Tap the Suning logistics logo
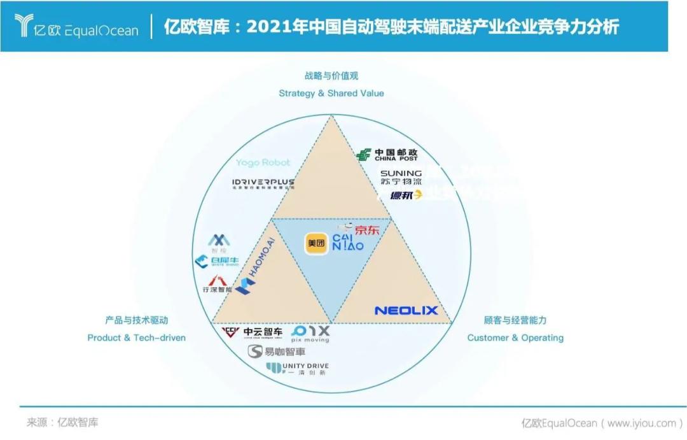[401, 177]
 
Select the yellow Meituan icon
[316, 243]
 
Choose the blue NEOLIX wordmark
[406, 311]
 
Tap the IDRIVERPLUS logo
[263, 183]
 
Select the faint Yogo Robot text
[263, 163]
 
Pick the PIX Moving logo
[310, 334]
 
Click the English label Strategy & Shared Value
[331, 93]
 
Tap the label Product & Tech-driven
[137, 337]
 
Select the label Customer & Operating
[515, 337]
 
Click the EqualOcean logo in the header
[76, 27]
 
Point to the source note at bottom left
[62, 422]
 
